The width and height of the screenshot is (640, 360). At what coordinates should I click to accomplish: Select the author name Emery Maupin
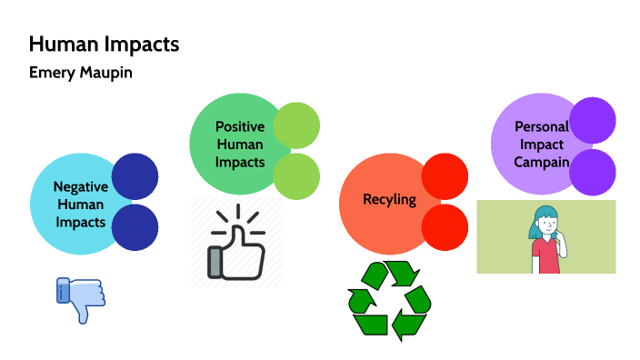pyautogui.click(x=80, y=73)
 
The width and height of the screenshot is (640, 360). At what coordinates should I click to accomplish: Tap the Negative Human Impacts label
pyautogui.click(x=80, y=204)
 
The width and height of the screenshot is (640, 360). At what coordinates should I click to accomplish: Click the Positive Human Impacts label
pyautogui.click(x=239, y=145)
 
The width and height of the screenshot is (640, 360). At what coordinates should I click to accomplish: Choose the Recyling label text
pyautogui.click(x=389, y=199)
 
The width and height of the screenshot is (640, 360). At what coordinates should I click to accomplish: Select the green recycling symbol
pyautogui.click(x=388, y=300)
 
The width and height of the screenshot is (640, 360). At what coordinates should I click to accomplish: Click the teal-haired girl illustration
pyautogui.click(x=546, y=238)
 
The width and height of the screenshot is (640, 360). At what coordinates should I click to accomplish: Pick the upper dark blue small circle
pyautogui.click(x=135, y=177)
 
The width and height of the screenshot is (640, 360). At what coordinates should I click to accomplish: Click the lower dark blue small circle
pyautogui.click(x=135, y=227)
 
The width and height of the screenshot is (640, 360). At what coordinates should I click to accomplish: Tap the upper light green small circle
pyautogui.click(x=296, y=125)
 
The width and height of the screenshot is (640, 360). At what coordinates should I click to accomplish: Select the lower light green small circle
pyautogui.click(x=296, y=175)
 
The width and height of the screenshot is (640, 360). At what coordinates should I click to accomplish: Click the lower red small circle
pyautogui.click(x=445, y=227)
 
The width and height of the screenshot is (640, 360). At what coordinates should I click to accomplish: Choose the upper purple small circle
pyautogui.click(x=594, y=120)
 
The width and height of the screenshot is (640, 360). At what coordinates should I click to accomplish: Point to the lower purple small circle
pyautogui.click(x=594, y=172)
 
